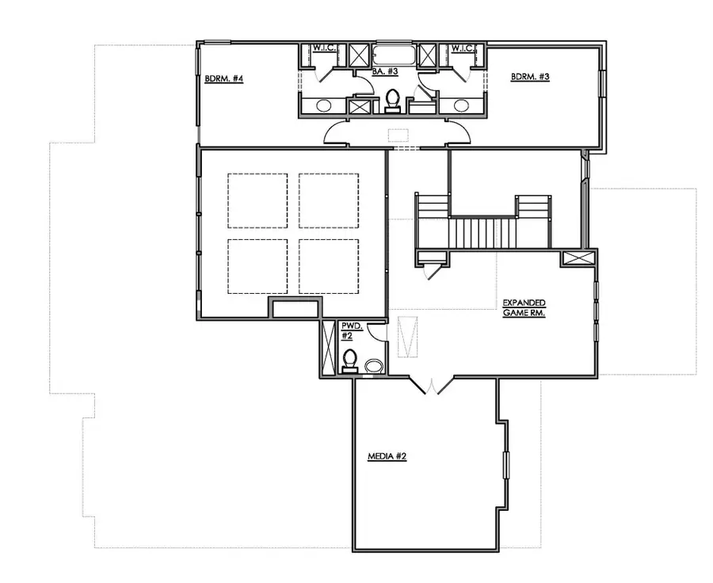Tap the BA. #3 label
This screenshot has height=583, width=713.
(x=384, y=71)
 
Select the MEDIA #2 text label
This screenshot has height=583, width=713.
(x=387, y=457)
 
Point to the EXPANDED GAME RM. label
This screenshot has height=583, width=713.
(x=525, y=308)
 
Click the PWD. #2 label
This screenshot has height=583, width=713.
(x=349, y=330)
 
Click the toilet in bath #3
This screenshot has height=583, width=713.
(x=391, y=101)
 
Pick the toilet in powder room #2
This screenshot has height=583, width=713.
(x=349, y=361)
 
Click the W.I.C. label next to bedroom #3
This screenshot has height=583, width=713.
(x=463, y=48)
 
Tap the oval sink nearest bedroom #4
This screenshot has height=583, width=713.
(x=325, y=105)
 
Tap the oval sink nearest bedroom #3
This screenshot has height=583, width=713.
(x=459, y=105)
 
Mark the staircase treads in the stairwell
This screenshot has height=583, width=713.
(x=482, y=231)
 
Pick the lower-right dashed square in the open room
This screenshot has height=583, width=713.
(x=329, y=265)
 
